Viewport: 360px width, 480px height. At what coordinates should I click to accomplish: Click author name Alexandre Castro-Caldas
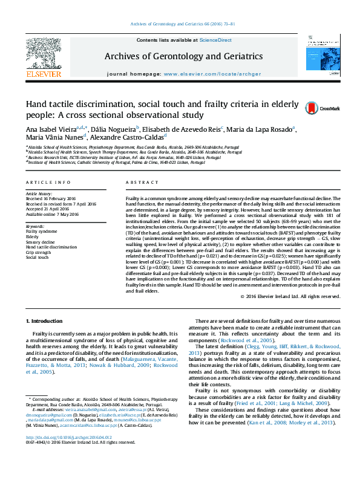coord(125,137)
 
